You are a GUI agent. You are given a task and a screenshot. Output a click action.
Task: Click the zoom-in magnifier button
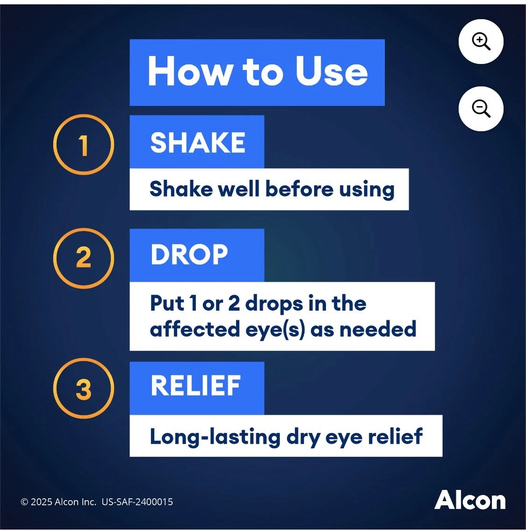[481, 42]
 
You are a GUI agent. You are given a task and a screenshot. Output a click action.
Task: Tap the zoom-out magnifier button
[481, 109]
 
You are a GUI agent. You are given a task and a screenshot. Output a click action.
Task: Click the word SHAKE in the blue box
[198, 142]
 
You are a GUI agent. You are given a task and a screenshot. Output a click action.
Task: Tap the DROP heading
[189, 255]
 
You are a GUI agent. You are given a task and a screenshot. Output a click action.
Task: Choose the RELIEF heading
[196, 385]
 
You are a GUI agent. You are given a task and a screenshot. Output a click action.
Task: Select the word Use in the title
[331, 71]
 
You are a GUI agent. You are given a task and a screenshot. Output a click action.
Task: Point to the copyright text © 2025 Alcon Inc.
[58, 502]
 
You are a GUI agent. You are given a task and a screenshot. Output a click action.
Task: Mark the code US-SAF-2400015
[137, 502]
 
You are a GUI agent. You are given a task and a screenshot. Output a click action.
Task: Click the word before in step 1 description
[299, 189]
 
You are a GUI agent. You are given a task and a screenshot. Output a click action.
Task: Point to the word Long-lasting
[216, 437]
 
